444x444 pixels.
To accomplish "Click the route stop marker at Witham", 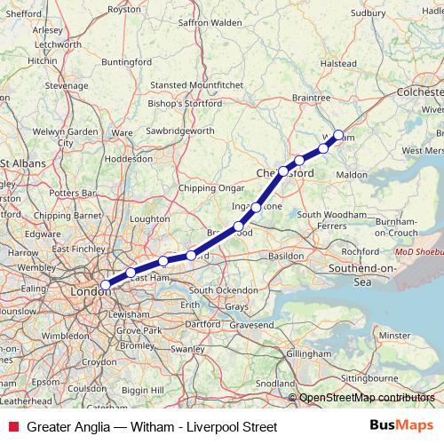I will (338, 135).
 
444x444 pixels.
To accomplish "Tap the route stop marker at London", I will (106, 284).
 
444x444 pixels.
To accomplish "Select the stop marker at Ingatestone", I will (256, 208).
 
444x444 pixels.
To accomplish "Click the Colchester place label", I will (419, 91).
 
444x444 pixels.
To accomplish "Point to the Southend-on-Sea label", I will (365, 274).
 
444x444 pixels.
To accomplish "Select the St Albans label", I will (24, 163).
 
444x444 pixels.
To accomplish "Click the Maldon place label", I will (352, 175).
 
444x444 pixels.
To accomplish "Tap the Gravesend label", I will (227, 326).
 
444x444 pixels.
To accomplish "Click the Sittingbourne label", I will (367, 377).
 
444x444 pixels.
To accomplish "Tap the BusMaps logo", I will (403, 427).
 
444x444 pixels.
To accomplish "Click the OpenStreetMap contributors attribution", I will (366, 398).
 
